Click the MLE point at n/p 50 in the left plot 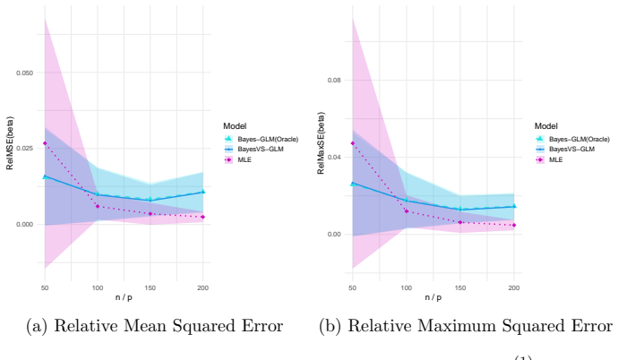[x=45, y=143]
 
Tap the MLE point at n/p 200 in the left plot [x=203, y=217]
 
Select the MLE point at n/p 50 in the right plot [x=353, y=143]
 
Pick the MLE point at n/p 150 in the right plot [x=460, y=223]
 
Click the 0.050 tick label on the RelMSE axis [x=25, y=73]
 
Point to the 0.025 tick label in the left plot [x=25, y=149]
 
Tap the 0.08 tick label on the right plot [x=334, y=81]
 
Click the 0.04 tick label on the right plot [x=334, y=158]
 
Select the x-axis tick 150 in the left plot [x=150, y=288]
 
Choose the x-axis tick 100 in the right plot [x=407, y=288]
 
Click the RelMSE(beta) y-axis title [x=10, y=143]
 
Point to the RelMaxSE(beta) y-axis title [x=321, y=143]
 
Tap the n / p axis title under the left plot [x=124, y=297]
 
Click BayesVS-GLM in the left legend [x=261, y=150]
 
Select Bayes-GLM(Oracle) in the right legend [x=579, y=140]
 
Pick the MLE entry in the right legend [x=555, y=160]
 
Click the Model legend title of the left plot [x=235, y=126]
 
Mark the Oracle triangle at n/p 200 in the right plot [x=514, y=206]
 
